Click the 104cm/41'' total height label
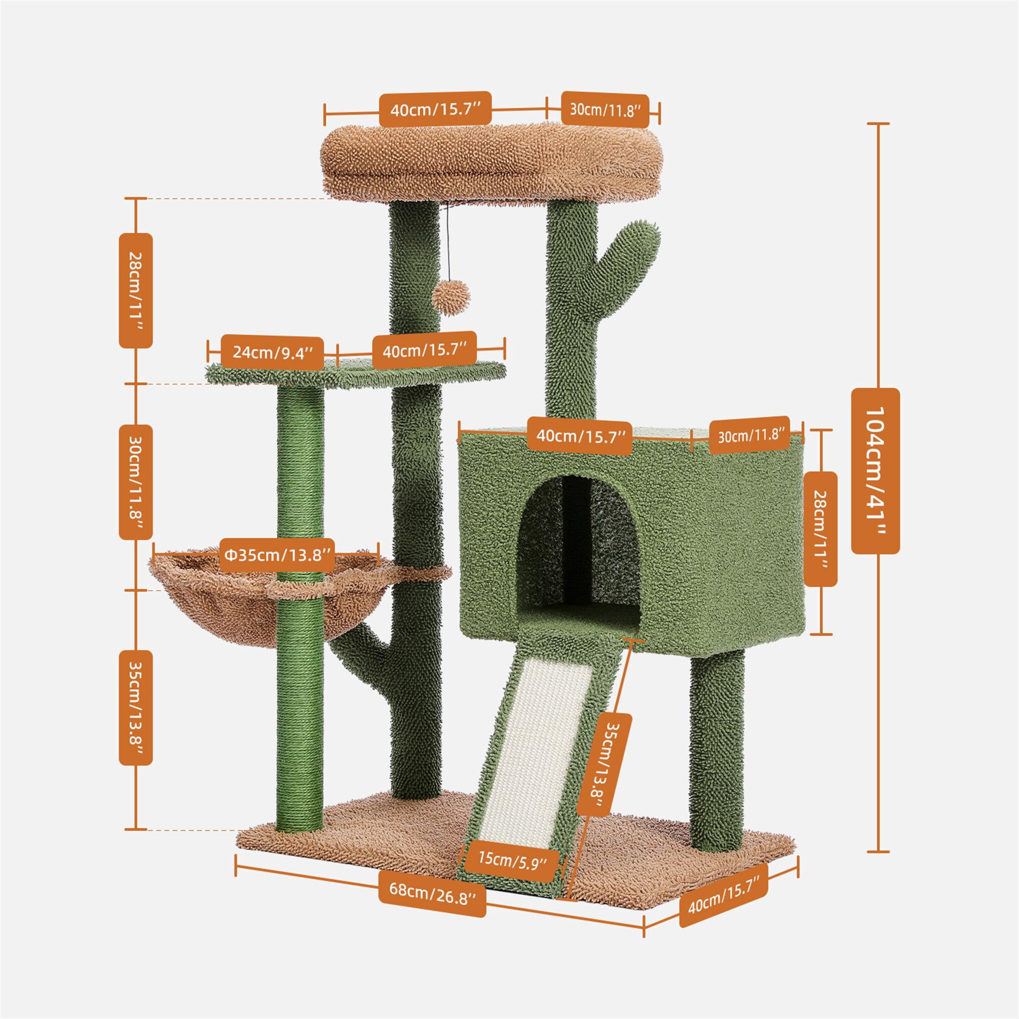[x=875, y=470]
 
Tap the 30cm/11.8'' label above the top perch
[x=604, y=110]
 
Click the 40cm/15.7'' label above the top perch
[x=435, y=110]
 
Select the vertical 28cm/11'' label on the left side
[x=136, y=290]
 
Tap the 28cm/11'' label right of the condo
[x=821, y=528]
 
